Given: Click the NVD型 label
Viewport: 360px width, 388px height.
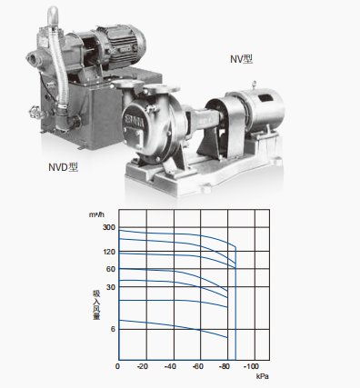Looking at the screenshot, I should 65,166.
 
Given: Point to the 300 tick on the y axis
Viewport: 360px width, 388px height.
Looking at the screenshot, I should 108,227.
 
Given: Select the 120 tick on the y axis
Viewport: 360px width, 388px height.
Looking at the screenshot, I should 108,252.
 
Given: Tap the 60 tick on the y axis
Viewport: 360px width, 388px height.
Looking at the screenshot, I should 110,269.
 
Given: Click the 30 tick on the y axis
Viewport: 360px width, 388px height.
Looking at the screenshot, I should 110,287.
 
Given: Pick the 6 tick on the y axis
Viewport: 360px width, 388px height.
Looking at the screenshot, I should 113,329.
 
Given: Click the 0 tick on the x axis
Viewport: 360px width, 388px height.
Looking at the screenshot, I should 117,366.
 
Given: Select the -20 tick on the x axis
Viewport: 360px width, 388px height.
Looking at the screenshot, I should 143,366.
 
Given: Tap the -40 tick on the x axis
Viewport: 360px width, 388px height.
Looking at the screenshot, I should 170,366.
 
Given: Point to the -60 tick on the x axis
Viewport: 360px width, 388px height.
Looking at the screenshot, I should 197,366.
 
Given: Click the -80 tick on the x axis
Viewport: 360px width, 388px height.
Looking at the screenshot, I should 225,366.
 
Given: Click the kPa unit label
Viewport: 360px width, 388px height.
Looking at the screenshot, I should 263,376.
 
